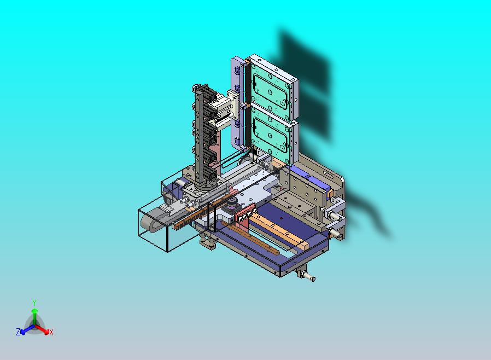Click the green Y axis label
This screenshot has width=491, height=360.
pos(34,303)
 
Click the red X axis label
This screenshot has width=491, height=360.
pos(51,332)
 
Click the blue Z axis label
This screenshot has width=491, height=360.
pos(18,332)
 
